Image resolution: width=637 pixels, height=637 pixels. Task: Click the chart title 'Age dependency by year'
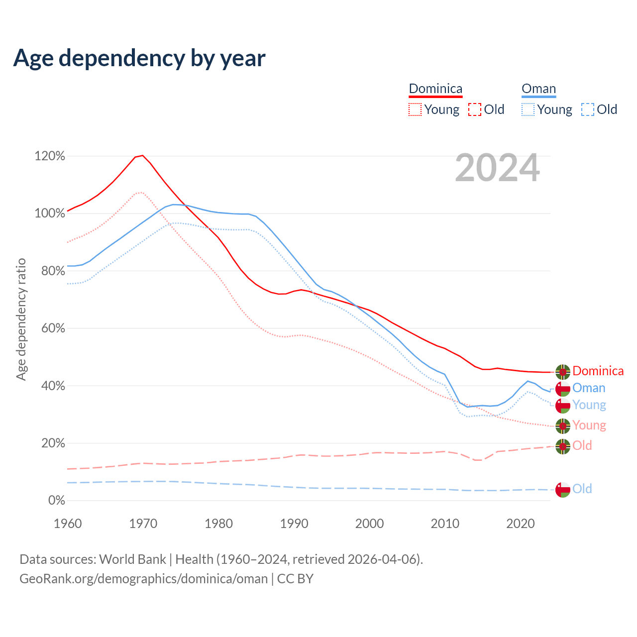(x=139, y=58)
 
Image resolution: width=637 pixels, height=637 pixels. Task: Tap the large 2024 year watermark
(x=497, y=168)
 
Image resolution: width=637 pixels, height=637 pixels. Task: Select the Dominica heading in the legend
(x=435, y=89)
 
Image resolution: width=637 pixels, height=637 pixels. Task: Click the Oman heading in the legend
(x=538, y=89)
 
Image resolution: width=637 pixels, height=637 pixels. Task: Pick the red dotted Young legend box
(x=415, y=109)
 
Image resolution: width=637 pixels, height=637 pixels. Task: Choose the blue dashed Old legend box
(x=587, y=109)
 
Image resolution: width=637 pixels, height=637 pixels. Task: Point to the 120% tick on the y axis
(x=50, y=156)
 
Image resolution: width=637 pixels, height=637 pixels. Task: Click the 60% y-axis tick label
(x=53, y=328)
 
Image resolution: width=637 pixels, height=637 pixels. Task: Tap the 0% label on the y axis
(x=57, y=501)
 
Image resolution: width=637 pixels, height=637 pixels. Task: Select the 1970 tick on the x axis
(x=143, y=524)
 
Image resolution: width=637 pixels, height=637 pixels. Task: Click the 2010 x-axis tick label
(x=445, y=524)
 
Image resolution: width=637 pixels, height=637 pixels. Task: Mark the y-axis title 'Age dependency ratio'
(x=21, y=319)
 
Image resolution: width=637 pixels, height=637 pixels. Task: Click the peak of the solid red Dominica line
(x=142, y=155)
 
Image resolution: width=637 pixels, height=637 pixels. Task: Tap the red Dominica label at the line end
(x=598, y=371)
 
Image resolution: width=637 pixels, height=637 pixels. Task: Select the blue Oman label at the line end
(x=589, y=388)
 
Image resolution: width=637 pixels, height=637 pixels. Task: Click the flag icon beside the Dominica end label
(x=563, y=372)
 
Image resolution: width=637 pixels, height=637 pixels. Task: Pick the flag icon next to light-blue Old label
(x=563, y=490)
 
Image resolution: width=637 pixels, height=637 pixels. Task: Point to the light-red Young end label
(x=589, y=425)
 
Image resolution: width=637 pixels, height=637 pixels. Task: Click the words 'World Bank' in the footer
(x=132, y=559)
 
